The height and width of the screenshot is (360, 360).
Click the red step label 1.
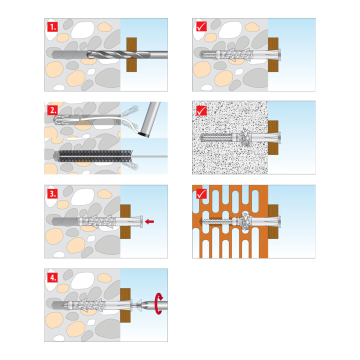click(52, 27)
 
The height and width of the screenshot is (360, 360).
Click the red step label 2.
click(52, 110)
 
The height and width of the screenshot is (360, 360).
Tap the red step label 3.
click(52, 194)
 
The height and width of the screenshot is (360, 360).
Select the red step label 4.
click(52, 277)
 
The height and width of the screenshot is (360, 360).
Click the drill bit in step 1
click(127, 55)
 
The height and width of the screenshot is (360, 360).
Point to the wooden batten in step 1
click(131, 55)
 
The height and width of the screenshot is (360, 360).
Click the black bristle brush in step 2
click(95, 156)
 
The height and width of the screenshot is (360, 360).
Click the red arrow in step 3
click(149, 221)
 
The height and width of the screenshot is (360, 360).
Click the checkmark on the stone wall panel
click(201, 26)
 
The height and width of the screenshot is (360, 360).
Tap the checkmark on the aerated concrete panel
click(201, 110)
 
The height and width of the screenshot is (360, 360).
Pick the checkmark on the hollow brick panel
click(201, 194)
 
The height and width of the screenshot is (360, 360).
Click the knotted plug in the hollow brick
click(245, 221)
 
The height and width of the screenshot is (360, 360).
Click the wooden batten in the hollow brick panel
click(273, 221)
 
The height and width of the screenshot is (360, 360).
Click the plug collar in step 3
click(140, 221)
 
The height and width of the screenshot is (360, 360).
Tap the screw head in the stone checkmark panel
click(279, 55)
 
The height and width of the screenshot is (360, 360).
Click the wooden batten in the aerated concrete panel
click(273, 137)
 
